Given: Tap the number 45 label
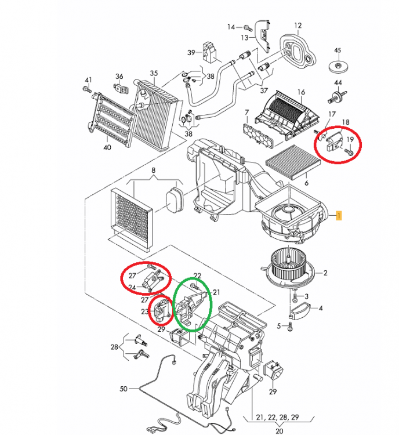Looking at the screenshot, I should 338,50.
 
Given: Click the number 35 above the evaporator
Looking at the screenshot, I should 154,73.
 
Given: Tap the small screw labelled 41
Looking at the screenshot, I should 86,89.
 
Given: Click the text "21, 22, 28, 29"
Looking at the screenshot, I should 278,417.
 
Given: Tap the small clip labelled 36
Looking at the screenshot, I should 120,88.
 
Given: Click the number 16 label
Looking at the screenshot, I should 301,92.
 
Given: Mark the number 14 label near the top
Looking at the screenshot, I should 230,27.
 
